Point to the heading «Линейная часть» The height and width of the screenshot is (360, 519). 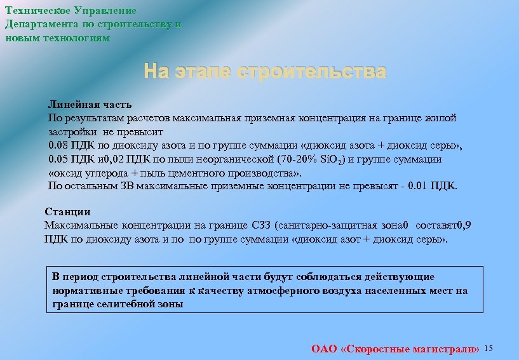90,103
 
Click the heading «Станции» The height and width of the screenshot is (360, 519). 67,211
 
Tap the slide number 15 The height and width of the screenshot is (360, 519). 489,349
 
